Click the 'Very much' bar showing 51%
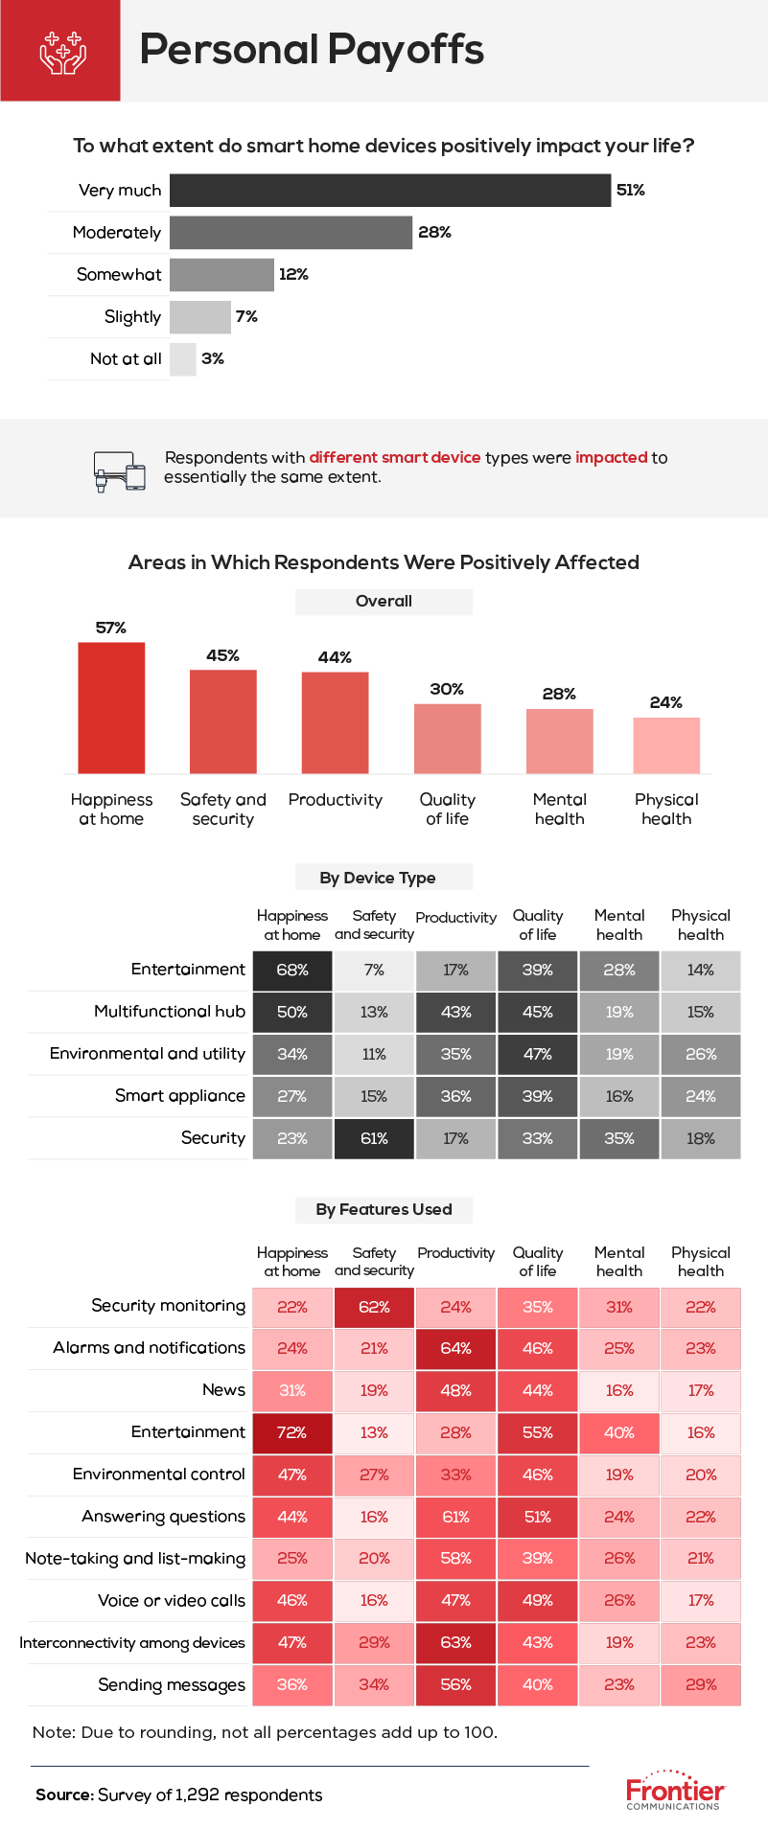(390, 190)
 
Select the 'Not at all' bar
(183, 359)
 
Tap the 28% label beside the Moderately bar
(434, 232)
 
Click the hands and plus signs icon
(61, 51)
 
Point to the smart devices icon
(120, 470)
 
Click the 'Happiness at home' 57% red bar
(111, 708)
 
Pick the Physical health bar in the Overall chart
(666, 745)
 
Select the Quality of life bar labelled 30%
(447, 739)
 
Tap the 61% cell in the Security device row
(374, 1138)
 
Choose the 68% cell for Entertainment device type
(292, 970)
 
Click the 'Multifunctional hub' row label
(170, 1012)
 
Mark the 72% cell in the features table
(292, 1432)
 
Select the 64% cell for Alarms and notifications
(455, 1348)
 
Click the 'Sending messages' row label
(172, 1685)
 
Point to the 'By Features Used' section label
(384, 1209)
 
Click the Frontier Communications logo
(675, 1791)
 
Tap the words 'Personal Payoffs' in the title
(312, 50)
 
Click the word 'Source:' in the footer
(64, 1795)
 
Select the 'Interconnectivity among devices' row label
(132, 1643)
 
